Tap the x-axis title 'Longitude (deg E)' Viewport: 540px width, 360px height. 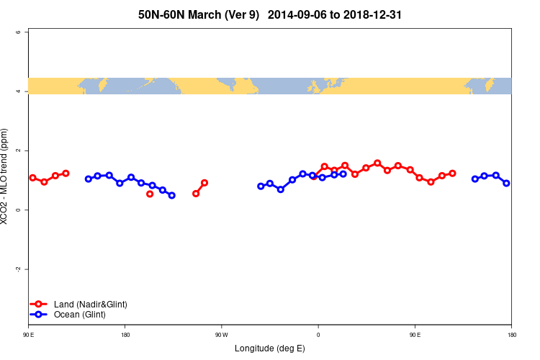[x=270, y=348]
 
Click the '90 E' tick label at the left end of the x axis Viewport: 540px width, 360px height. [x=29, y=335]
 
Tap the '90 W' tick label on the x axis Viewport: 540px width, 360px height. [x=221, y=335]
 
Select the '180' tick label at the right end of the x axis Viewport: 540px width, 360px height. [x=511, y=335]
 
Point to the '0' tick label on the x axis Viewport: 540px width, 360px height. [x=318, y=335]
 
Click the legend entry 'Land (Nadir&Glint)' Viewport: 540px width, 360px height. [x=90, y=305]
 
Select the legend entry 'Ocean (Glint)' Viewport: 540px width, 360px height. [x=79, y=315]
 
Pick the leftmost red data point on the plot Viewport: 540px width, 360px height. [x=32, y=177]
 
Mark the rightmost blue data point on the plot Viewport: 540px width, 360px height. [x=506, y=183]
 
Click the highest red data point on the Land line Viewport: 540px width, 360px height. [x=377, y=163]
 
